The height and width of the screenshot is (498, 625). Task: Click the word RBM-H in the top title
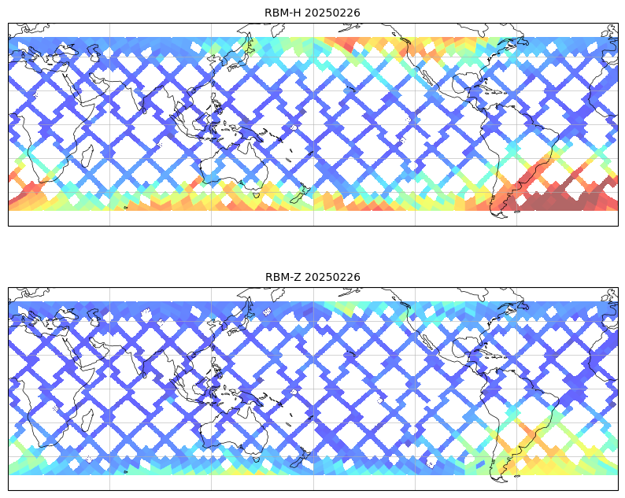[283, 13]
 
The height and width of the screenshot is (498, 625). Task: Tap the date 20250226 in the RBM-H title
[332, 13]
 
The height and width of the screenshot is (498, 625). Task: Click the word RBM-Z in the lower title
[283, 277]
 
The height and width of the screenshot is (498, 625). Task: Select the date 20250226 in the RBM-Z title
[333, 277]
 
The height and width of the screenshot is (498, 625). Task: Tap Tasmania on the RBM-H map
[257, 195]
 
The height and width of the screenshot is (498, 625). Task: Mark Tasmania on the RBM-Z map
[257, 459]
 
